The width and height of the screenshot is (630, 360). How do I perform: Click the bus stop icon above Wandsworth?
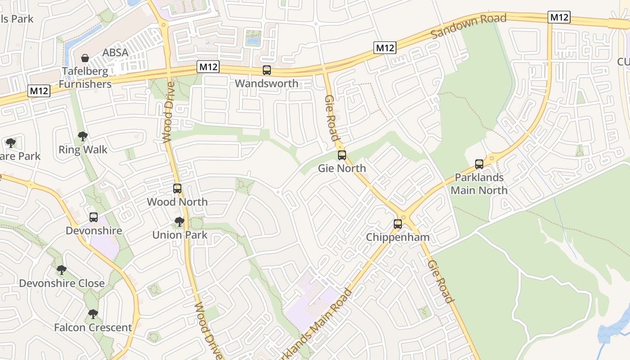point(267,70)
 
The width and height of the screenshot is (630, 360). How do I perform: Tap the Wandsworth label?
point(266,83)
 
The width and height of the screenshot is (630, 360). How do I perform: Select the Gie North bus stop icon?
point(342,155)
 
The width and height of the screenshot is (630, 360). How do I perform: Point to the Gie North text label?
point(342,168)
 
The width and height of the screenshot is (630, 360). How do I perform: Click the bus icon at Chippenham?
point(398,224)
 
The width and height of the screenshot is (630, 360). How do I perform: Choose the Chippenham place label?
point(398,237)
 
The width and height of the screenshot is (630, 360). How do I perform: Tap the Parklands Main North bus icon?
point(479,164)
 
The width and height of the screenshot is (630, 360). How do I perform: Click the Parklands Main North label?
point(479,184)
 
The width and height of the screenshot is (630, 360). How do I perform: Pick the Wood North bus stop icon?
point(177,189)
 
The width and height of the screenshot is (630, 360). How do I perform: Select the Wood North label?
point(177,202)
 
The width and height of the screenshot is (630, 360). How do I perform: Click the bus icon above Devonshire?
point(94,217)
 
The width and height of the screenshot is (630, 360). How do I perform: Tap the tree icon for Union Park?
point(180,222)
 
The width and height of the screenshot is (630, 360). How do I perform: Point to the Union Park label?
point(180,235)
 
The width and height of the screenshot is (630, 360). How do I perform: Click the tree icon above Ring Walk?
point(83,136)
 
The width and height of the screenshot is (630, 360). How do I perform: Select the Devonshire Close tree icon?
point(62,270)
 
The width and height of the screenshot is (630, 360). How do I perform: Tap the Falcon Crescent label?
point(93,327)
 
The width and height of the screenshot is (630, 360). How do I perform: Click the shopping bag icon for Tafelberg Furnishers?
point(85,58)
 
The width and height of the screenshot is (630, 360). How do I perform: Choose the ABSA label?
point(115,53)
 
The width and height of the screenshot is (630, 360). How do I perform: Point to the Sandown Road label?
point(468,26)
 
